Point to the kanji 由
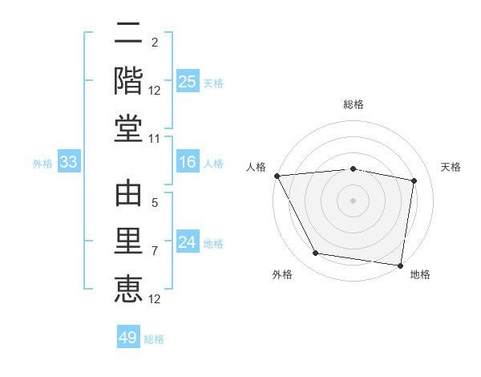(x=128, y=195)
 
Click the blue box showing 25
(x=187, y=81)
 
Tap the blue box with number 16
(x=187, y=163)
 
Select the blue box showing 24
(x=187, y=242)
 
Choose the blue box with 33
(x=68, y=163)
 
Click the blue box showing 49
(x=127, y=338)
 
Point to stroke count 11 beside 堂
(x=155, y=139)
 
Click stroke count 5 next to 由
(x=155, y=204)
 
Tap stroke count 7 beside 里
(x=155, y=251)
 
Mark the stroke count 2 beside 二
(x=154, y=43)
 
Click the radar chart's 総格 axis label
(x=353, y=104)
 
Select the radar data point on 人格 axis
(x=277, y=176)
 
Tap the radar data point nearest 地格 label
(x=400, y=265)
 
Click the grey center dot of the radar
(x=353, y=200)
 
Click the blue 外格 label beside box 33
(x=42, y=164)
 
